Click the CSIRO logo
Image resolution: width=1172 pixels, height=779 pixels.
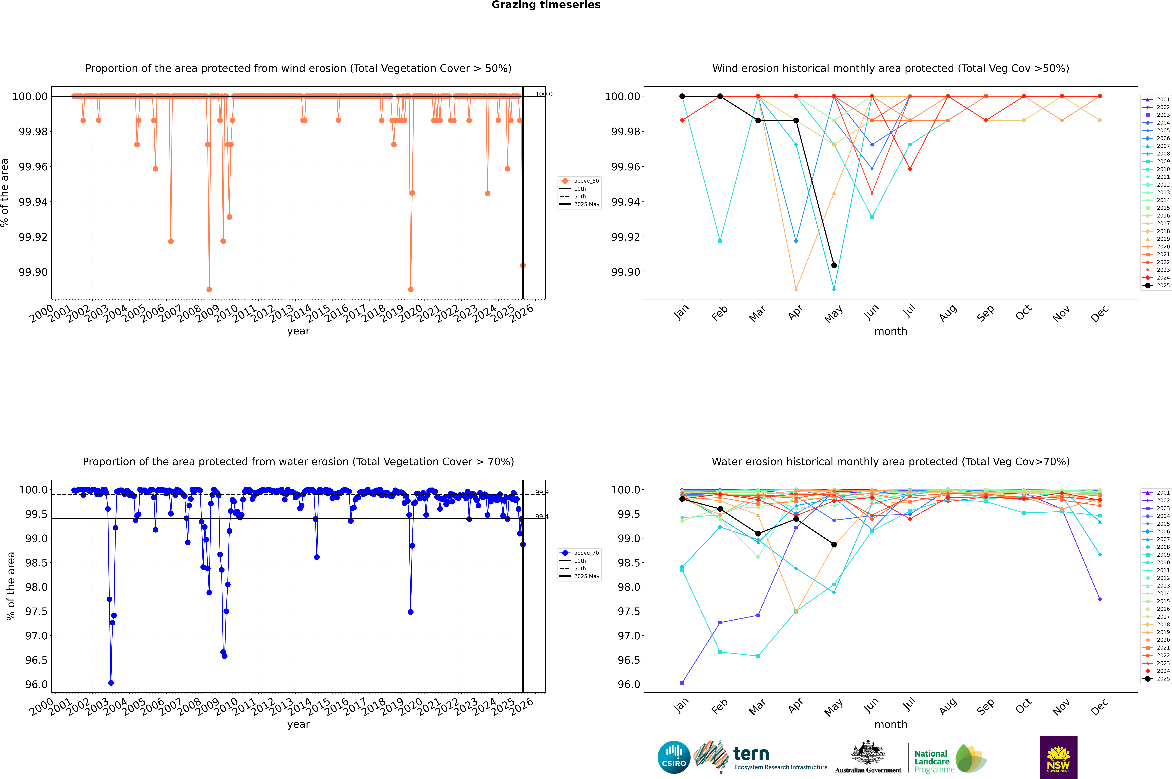click(x=674, y=757)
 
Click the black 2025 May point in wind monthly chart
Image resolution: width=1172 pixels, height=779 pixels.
click(x=834, y=265)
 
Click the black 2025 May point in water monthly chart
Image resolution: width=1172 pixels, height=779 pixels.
click(x=834, y=544)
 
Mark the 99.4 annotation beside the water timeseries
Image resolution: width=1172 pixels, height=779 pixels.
click(x=541, y=517)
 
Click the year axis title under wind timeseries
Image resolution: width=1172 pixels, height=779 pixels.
click(x=298, y=331)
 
